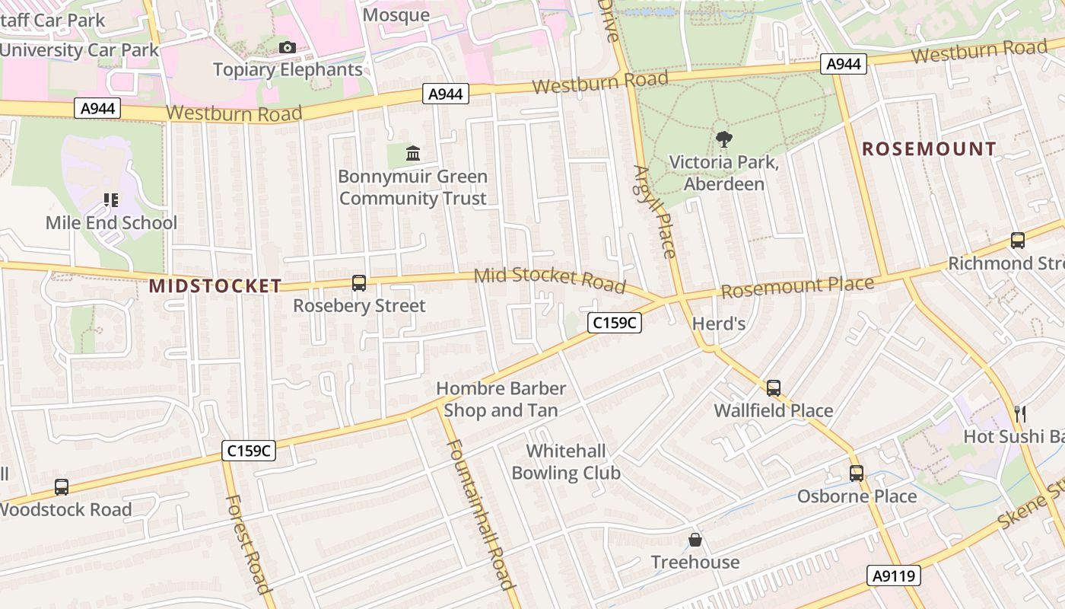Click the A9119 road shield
(893, 576)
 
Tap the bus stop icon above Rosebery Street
(359, 283)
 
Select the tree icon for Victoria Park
(723, 139)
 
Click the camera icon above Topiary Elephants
(287, 47)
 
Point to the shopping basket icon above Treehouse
(695, 540)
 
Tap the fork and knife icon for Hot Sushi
(1020, 413)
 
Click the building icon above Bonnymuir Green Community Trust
(413, 154)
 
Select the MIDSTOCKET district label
(215, 286)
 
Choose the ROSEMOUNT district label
(929, 149)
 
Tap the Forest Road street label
(249, 544)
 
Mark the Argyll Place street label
(655, 212)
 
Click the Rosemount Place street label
(797, 288)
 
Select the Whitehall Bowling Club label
(566, 462)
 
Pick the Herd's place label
(718, 324)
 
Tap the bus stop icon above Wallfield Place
(774, 388)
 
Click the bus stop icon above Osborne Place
(857, 473)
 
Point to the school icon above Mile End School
(111, 200)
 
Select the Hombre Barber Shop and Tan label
(501, 400)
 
